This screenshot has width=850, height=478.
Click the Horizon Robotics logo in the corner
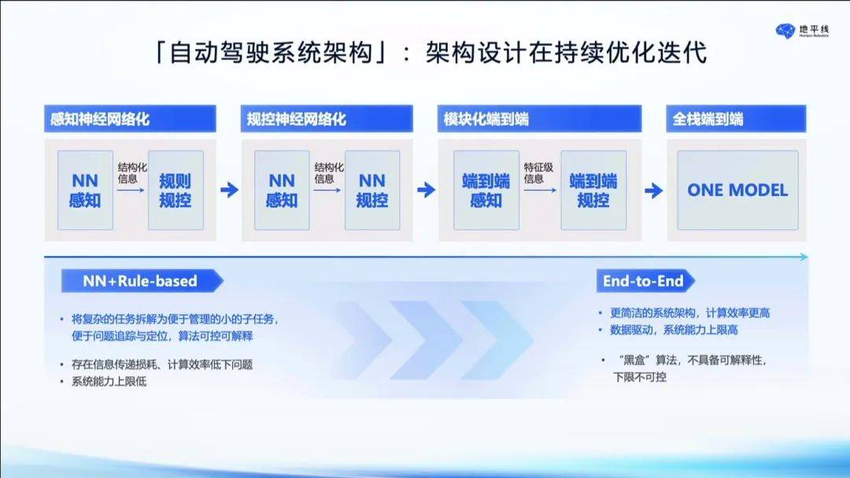[802, 31]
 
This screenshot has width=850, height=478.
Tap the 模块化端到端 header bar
[539, 119]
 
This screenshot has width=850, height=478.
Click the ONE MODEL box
[737, 190]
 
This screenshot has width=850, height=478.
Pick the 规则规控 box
[176, 190]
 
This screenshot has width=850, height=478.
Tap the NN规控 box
[372, 190]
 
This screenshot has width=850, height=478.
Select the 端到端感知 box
[486, 190]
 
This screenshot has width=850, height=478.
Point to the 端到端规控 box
[593, 190]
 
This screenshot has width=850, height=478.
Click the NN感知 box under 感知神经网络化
[85, 190]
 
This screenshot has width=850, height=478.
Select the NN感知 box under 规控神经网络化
[282, 190]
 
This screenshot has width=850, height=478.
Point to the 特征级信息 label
[538, 173]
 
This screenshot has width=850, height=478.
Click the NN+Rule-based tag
[142, 281]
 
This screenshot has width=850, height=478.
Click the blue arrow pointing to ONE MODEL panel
[654, 191]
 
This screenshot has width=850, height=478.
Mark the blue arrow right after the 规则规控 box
[229, 190]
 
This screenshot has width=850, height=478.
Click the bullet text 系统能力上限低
[109, 381]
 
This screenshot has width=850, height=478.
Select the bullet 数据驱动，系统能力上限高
[674, 330]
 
